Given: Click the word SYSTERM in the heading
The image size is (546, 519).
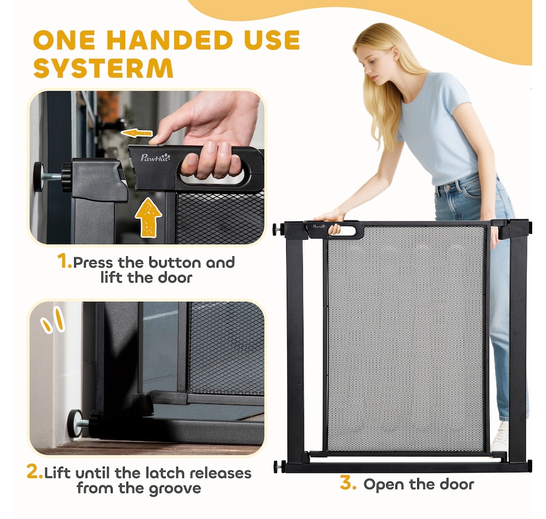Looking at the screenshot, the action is pos(103,68).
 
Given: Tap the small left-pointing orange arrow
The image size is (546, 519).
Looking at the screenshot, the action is pos(137,133).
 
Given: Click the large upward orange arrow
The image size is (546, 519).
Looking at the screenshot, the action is pos(148,217).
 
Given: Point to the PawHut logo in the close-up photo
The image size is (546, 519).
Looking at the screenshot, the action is pos(155,157).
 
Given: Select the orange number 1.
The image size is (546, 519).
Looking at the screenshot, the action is pos(64,261).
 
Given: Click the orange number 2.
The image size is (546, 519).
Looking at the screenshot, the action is pos(34,472).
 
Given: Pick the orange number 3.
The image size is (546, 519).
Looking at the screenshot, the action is pos(348,483).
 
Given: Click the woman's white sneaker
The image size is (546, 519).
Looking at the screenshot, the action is pos(500,437).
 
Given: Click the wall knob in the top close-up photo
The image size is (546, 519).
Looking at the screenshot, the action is pos(39,176).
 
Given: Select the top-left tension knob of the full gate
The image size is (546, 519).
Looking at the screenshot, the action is pos(277,229).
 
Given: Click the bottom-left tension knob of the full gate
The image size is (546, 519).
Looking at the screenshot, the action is pos(278,466).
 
